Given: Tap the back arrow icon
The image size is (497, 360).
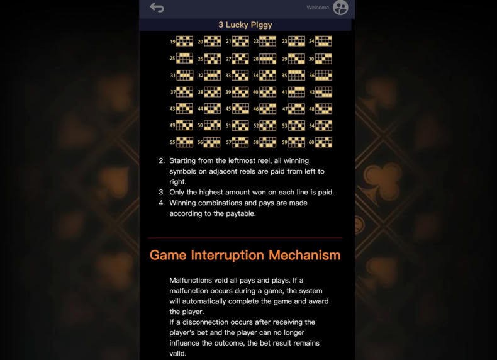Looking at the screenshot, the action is pos(157,8).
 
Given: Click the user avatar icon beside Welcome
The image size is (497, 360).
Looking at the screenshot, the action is pos(340,8).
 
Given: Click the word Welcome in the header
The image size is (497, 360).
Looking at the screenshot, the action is pos(318,8).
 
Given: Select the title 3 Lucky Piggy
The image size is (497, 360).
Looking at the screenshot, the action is pos(245,25).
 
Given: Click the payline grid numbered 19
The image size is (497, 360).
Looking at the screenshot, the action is pos(184,41).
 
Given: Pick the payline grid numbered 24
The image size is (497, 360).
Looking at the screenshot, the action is pos(323,41).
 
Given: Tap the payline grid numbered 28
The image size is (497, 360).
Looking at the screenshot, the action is pos(268,59).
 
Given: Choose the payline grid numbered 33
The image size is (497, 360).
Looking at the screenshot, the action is pos(240,76).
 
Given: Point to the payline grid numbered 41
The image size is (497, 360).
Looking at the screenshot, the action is pos(296,92).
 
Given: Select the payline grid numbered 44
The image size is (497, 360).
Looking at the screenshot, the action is pos(212,109).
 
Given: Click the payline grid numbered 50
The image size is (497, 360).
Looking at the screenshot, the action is pos(212,125).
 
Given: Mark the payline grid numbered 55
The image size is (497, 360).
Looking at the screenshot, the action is pos(184,142).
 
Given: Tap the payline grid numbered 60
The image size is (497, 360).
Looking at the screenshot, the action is pos(323,142).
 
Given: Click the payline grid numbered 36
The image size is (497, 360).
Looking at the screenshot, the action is pos(323,76).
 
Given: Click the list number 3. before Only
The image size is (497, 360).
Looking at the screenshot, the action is pos(162,192).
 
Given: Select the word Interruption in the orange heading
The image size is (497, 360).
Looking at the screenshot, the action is pos(227,255).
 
